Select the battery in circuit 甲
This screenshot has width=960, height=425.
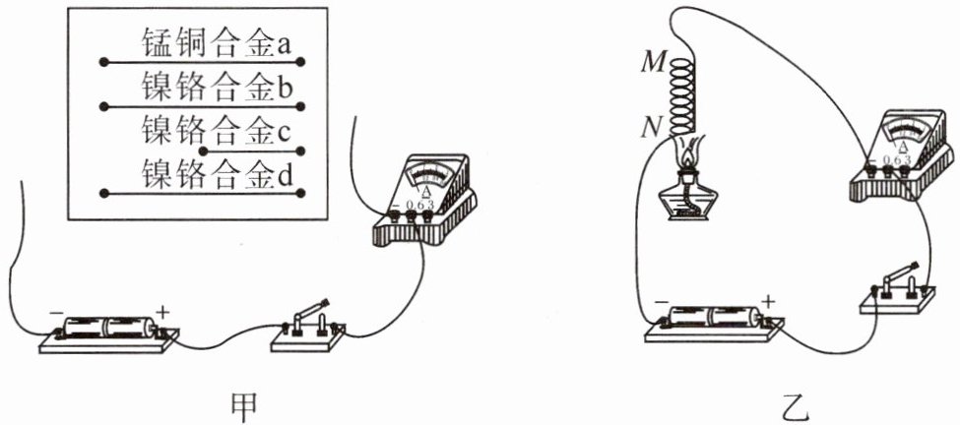pos(107,329)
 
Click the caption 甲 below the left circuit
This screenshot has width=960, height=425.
pos(239,404)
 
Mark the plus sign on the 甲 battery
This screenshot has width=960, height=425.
pos(162,313)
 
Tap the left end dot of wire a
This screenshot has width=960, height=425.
pos(102,62)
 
